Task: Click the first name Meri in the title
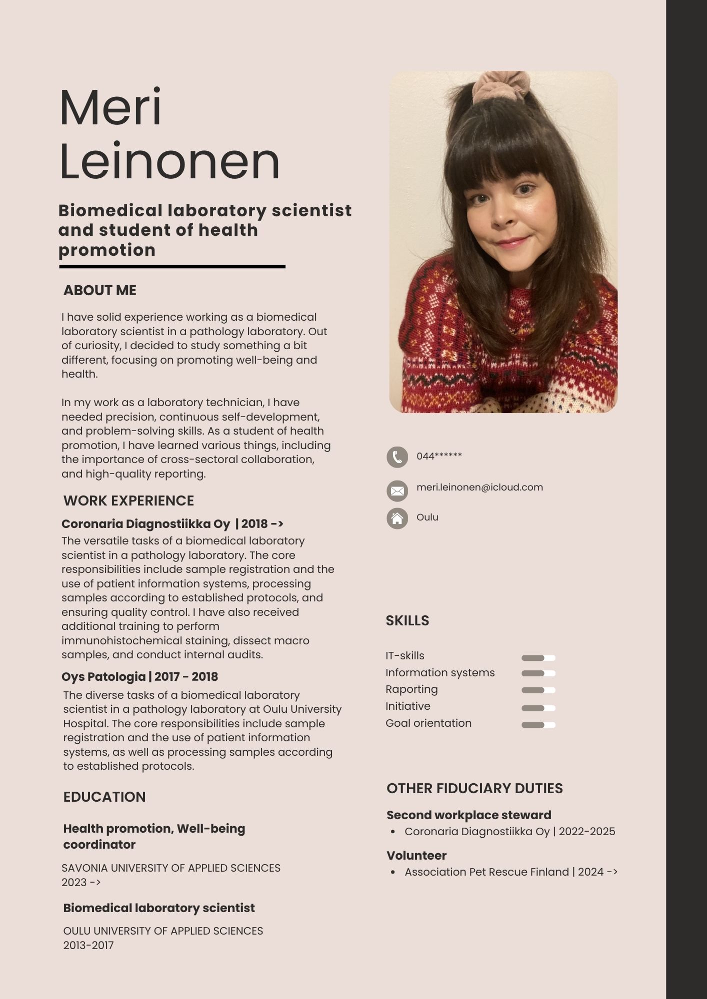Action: pyautogui.click(x=110, y=107)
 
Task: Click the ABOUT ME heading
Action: pyautogui.click(x=99, y=290)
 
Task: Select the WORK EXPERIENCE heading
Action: pyautogui.click(x=128, y=500)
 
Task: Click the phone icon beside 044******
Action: pyautogui.click(x=397, y=457)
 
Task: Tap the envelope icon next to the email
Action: pyautogui.click(x=397, y=491)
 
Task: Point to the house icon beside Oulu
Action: pyautogui.click(x=397, y=518)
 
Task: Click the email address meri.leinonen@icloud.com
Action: pyautogui.click(x=479, y=487)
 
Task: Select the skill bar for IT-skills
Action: pyautogui.click(x=538, y=658)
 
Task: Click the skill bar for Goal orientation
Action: pyautogui.click(x=538, y=725)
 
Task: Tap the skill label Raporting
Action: pyautogui.click(x=411, y=689)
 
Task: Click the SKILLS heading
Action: pyautogui.click(x=407, y=620)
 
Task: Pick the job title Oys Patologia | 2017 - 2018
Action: pyautogui.click(x=139, y=677)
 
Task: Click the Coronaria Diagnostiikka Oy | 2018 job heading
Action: pyautogui.click(x=172, y=524)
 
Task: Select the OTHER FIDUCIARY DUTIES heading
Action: pyautogui.click(x=474, y=788)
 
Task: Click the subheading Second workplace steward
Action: pyautogui.click(x=468, y=815)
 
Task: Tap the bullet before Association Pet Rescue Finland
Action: pyautogui.click(x=393, y=872)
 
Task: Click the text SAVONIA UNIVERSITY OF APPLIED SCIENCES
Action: pyautogui.click(x=171, y=868)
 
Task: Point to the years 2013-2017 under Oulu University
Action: pyautogui.click(x=88, y=945)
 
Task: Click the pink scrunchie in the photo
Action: pyautogui.click(x=501, y=84)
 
